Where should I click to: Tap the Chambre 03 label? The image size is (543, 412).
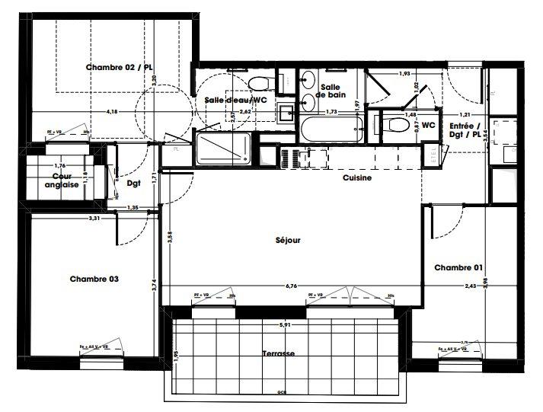(94, 279)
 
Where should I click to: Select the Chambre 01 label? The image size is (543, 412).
(458, 267)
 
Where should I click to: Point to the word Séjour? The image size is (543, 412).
(288, 240)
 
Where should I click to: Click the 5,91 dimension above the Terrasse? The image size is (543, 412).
(285, 325)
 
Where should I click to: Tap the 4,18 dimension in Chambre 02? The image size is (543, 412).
(112, 112)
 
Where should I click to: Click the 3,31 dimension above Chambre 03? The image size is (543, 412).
(94, 219)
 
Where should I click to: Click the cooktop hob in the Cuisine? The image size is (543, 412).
(292, 158)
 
